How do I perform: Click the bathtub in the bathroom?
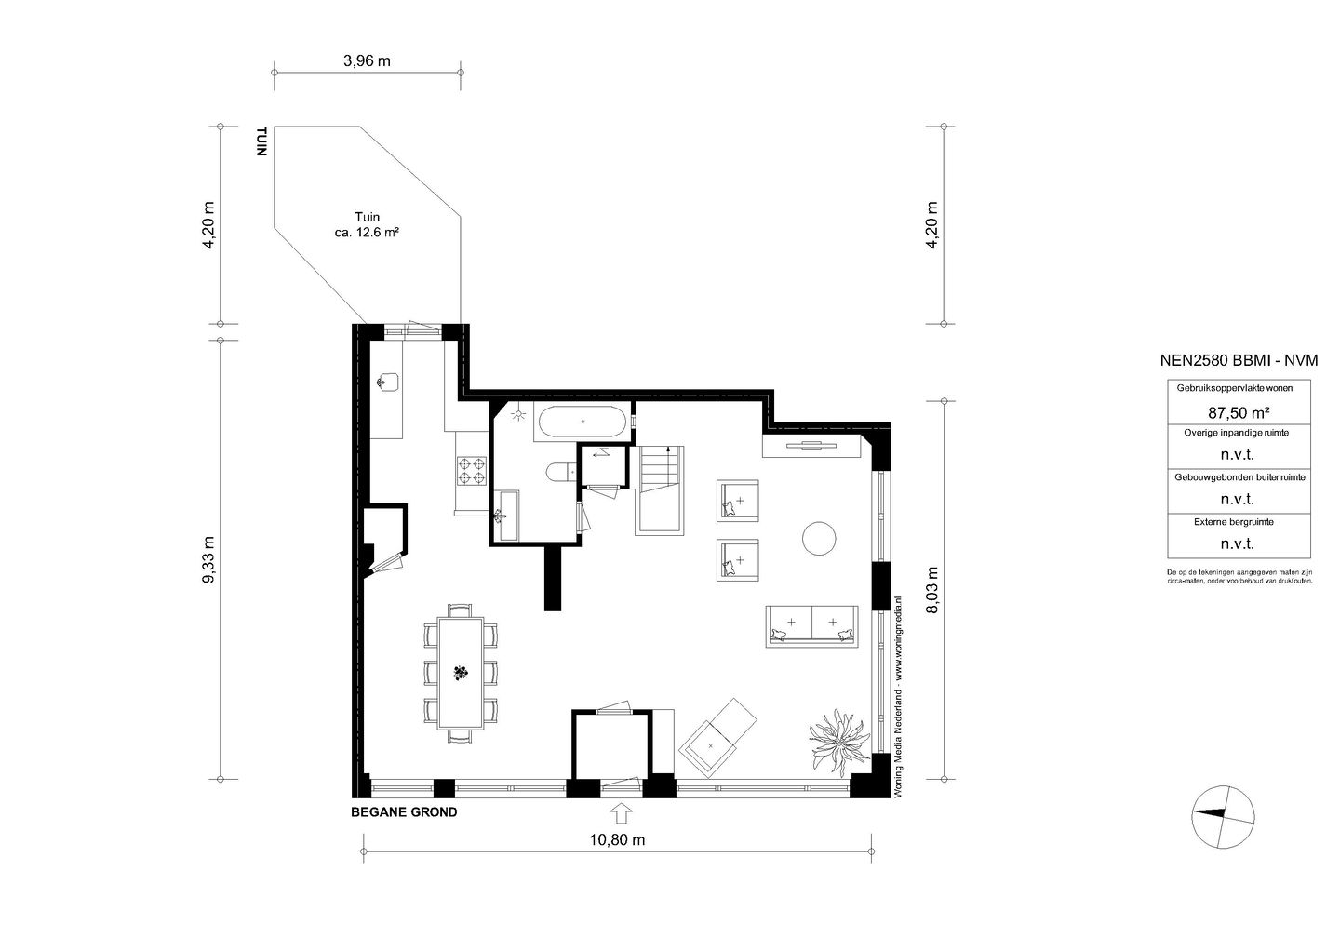pos(583,422)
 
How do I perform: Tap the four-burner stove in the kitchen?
pos(472,471)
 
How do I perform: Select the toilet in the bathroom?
pos(561,472)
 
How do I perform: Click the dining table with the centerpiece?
pos(461,673)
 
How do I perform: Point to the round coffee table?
pos(818,539)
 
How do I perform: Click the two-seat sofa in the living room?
pos(811,626)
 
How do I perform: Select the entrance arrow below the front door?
pos(621,813)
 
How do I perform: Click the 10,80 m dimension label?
pos(617,840)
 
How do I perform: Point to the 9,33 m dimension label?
pos(209,560)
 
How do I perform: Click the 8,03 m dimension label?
pos(931,590)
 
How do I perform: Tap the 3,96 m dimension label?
pos(367,61)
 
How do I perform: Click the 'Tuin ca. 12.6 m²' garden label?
pos(367,225)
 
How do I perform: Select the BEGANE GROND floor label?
pos(404,812)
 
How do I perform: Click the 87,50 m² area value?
pos(1239,413)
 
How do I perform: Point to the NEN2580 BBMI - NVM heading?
pos(1239,361)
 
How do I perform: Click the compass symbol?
pos(1223,817)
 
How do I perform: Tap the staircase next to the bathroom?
pos(660,489)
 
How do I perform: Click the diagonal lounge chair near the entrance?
pos(717,738)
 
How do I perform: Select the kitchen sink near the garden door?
pos(388,382)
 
